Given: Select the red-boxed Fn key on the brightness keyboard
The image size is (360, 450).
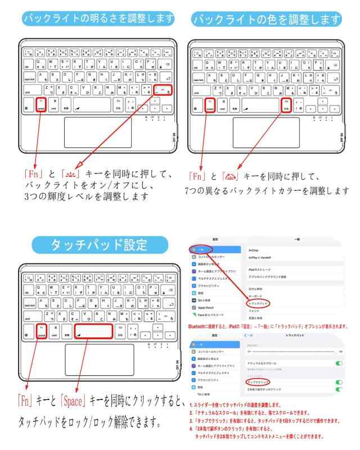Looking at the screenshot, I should pos(40,105).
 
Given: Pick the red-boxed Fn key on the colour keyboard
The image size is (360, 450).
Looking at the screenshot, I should pos(210,105).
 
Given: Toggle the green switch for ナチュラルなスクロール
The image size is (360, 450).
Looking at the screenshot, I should pos(339,364).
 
